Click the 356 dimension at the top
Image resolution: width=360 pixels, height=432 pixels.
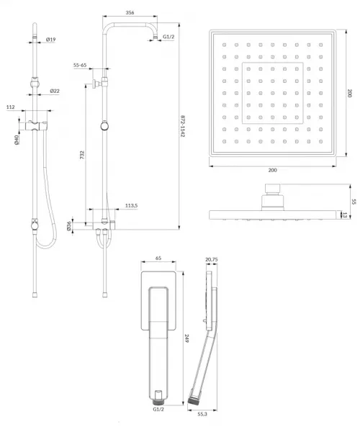pos(130,13)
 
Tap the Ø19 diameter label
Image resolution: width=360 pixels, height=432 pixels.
pos(50,40)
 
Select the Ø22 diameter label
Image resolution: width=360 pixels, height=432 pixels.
pos(55,91)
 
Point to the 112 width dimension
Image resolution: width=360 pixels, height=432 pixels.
pos(11,107)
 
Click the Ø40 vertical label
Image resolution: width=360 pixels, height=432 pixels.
pos(17,140)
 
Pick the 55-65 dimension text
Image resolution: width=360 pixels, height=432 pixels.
pos(80,66)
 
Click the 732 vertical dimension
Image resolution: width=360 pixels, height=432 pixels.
pos(82,155)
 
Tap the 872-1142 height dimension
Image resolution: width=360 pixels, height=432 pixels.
pos(182,126)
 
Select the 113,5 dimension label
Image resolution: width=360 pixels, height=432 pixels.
pos(131,205)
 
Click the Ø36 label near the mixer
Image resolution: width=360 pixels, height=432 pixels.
pos(69,226)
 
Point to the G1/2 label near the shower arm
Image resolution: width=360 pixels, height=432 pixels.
pos(168,37)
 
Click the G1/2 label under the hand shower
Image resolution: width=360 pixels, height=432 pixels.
pos(158,410)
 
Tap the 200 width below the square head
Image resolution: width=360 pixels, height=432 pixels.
pos(272,170)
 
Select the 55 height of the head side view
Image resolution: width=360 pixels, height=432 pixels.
pos(354,202)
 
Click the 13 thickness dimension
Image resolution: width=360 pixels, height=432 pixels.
pos(344,215)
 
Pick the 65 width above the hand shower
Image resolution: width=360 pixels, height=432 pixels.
pos(158,258)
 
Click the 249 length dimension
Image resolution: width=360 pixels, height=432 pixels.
pos(186,338)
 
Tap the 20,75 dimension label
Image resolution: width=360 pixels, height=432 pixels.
pos(212,259)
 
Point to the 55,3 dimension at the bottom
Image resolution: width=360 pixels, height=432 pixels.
pos(202,414)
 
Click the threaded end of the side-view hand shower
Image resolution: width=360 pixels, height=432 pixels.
pos(194,401)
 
